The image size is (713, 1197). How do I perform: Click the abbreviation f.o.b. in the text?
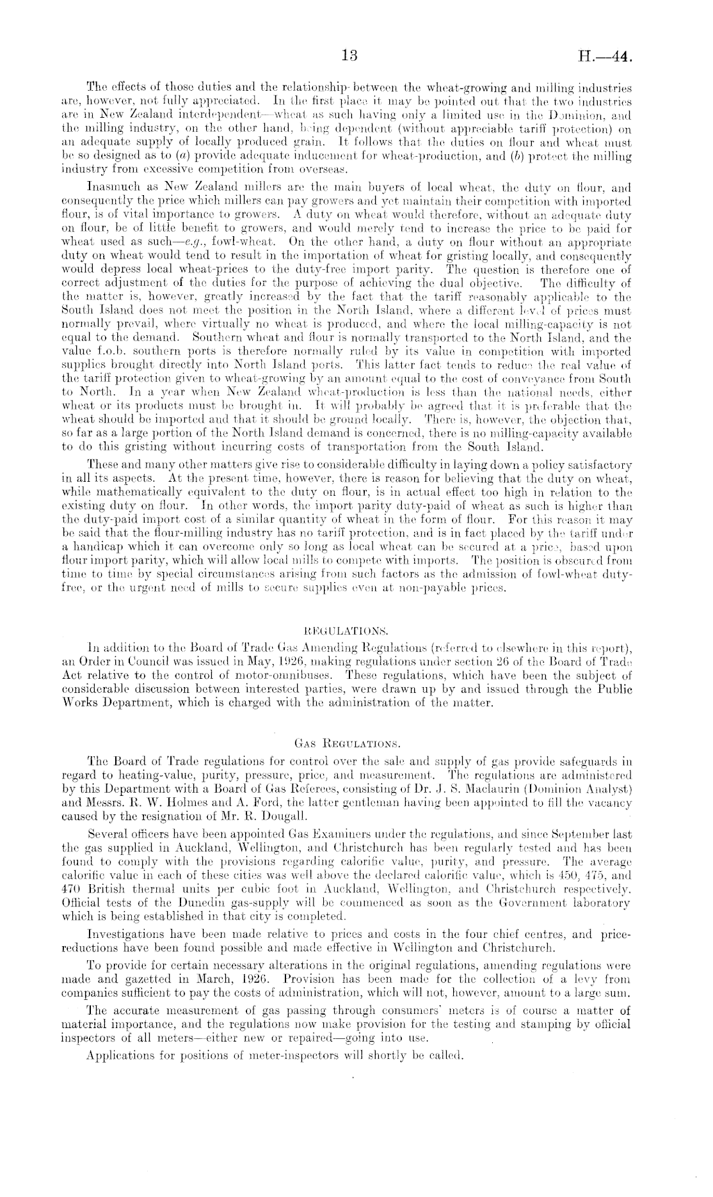coord(116,352)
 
